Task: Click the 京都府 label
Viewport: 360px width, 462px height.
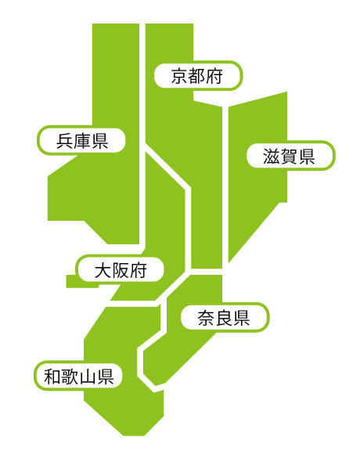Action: click(198, 75)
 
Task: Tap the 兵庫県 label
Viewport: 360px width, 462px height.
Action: click(81, 140)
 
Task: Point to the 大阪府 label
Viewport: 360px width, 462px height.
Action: click(120, 269)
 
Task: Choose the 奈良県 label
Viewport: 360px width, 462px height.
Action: click(225, 318)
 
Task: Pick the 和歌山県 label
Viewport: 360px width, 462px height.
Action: click(78, 376)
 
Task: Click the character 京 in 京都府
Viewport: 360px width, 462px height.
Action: click(179, 76)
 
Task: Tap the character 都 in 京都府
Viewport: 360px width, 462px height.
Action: click(196, 76)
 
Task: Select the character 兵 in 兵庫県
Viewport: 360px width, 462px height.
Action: click(64, 141)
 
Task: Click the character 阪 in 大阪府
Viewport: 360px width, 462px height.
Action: click(121, 270)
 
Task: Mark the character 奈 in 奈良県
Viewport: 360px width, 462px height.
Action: click(206, 318)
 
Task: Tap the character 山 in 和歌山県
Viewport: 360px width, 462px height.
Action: click(88, 377)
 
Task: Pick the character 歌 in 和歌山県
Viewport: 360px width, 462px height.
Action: click(70, 377)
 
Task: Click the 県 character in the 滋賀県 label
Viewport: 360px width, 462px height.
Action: click(307, 156)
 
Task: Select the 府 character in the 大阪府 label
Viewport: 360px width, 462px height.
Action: click(138, 270)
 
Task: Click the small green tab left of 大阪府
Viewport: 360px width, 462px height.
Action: click(71, 281)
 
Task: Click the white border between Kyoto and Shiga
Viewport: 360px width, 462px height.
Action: click(225, 186)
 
